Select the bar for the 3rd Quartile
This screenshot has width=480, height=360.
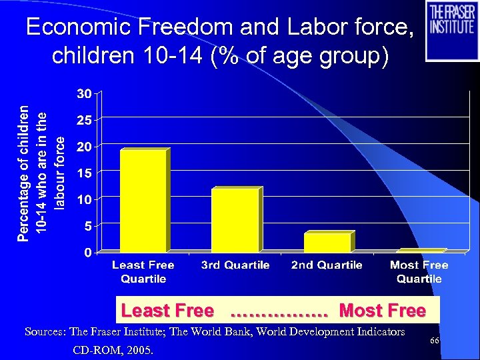234,220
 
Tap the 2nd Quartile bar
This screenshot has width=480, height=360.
327,242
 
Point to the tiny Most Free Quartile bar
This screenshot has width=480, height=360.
419,251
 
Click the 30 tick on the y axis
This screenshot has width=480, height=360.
83,93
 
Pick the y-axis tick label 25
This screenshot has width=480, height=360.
83,120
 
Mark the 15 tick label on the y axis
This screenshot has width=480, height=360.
83,173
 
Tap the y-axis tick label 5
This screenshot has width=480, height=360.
86,226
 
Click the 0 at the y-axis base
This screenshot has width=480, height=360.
86,252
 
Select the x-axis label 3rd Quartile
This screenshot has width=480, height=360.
235,265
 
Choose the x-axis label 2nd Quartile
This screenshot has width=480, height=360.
327,265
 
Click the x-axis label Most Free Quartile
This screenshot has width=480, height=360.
419,271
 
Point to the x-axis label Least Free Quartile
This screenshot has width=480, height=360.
143,271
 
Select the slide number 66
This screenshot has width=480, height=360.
434,341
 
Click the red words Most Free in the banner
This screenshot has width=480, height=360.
382,311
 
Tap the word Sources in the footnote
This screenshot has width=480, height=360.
45,331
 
